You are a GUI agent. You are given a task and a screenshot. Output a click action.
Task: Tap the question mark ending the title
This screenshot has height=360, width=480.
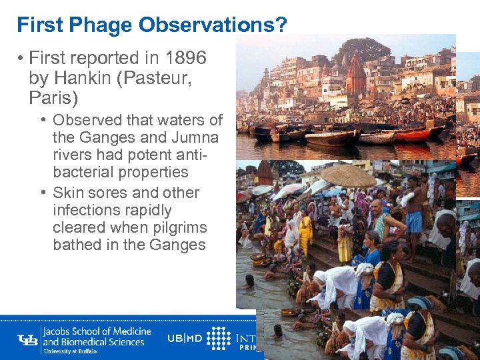point(281,25)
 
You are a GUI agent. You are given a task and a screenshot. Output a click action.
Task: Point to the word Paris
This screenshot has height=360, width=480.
point(53,99)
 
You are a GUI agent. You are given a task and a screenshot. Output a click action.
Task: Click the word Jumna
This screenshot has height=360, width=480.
point(193,137)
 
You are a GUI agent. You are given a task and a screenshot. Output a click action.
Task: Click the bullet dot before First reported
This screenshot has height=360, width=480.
point(21,59)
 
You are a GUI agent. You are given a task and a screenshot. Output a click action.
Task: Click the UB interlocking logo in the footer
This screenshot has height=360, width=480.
point(28,339)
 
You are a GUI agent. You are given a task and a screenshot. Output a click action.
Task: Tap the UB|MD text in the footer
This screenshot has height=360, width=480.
point(185,338)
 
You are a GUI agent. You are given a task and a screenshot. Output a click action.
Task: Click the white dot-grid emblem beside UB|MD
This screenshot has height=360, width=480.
point(218,338)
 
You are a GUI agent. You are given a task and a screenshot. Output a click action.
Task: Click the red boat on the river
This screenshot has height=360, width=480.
point(414,134)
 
